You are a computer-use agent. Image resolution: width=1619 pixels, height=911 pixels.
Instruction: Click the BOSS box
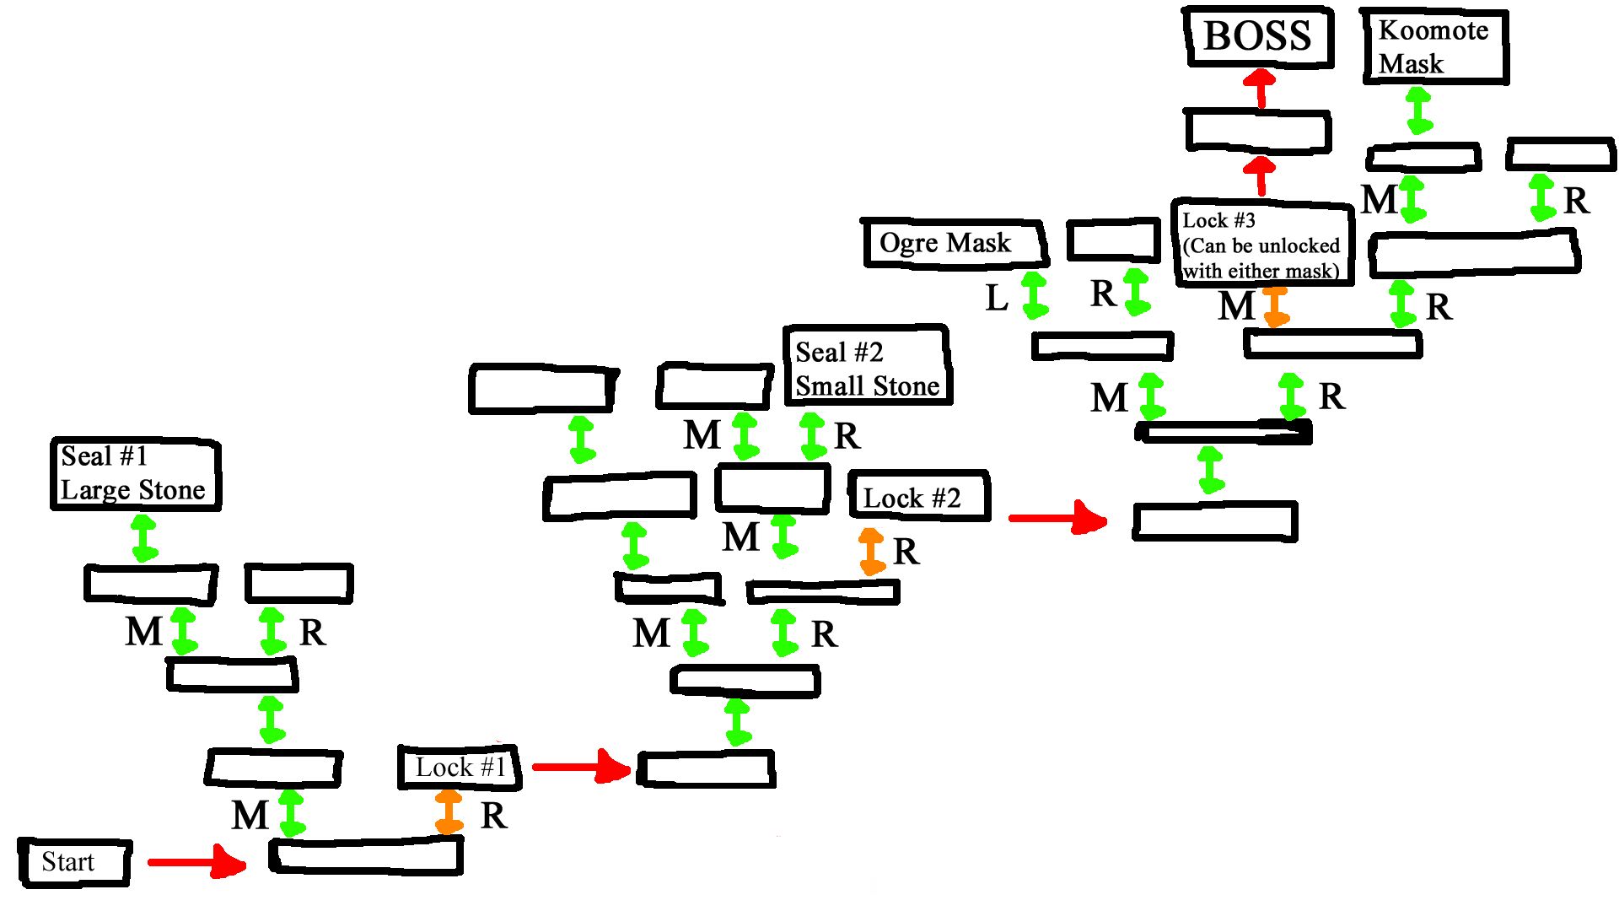(x=1258, y=37)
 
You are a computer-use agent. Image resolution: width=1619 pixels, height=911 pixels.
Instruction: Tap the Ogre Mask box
(x=955, y=243)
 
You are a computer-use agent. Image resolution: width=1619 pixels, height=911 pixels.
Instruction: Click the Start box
(x=75, y=862)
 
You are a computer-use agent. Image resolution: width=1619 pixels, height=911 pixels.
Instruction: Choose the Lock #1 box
(x=460, y=768)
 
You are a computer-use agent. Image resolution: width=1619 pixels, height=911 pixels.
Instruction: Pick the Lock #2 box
(x=918, y=497)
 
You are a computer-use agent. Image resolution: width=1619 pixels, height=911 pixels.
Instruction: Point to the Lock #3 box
(x=1262, y=245)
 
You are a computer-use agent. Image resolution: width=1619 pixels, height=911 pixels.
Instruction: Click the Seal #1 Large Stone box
(x=135, y=473)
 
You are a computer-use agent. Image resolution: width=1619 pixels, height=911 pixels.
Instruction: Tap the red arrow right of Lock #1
(x=581, y=767)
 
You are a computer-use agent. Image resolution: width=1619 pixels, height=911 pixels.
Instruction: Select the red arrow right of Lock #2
(x=1057, y=517)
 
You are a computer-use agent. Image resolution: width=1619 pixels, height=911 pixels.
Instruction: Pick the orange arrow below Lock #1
(x=449, y=811)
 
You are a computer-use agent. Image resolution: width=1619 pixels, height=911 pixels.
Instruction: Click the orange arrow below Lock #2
(x=871, y=552)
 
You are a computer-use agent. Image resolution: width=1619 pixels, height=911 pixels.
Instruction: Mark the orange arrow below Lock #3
(x=1276, y=306)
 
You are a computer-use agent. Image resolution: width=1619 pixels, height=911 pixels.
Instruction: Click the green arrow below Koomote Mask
(x=1419, y=111)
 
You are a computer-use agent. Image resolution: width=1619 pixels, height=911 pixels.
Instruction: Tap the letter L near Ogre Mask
(x=997, y=298)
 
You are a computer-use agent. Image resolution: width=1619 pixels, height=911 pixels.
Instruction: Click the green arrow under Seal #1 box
(x=144, y=537)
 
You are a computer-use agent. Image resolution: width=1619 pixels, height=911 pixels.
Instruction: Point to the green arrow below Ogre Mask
(x=1035, y=294)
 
